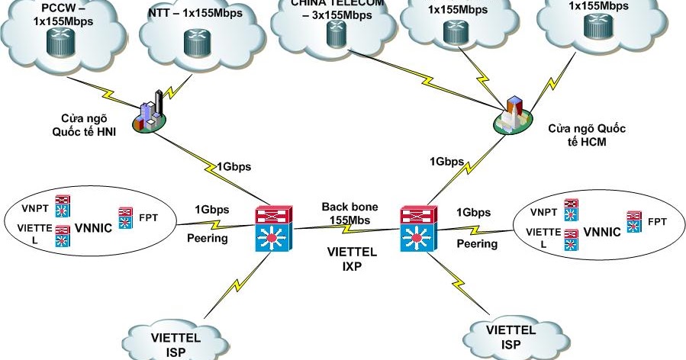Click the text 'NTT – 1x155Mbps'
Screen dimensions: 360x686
[191, 12]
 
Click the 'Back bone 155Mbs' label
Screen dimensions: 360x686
[347, 214]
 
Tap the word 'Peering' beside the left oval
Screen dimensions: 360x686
[207, 239]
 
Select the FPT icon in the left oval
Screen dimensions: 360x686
[126, 217]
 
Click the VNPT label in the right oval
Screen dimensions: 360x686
[543, 212]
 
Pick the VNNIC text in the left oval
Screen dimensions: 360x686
[93, 227]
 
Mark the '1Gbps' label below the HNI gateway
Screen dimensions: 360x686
[233, 167]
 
